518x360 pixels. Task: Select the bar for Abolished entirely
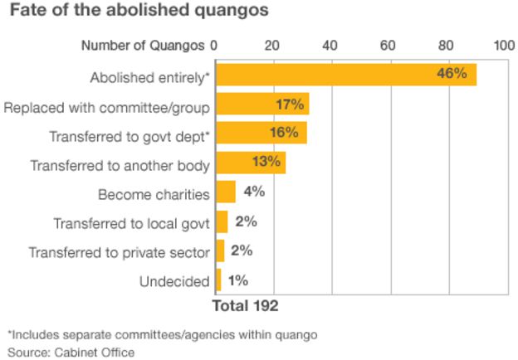[x=345, y=75]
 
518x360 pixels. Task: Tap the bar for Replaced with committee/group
[x=261, y=105]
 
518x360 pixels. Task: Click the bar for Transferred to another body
[x=250, y=163]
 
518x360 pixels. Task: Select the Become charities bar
[x=225, y=192]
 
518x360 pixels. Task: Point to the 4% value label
[x=253, y=192]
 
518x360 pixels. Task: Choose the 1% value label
[x=237, y=280]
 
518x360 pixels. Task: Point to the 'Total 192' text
[x=245, y=305]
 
